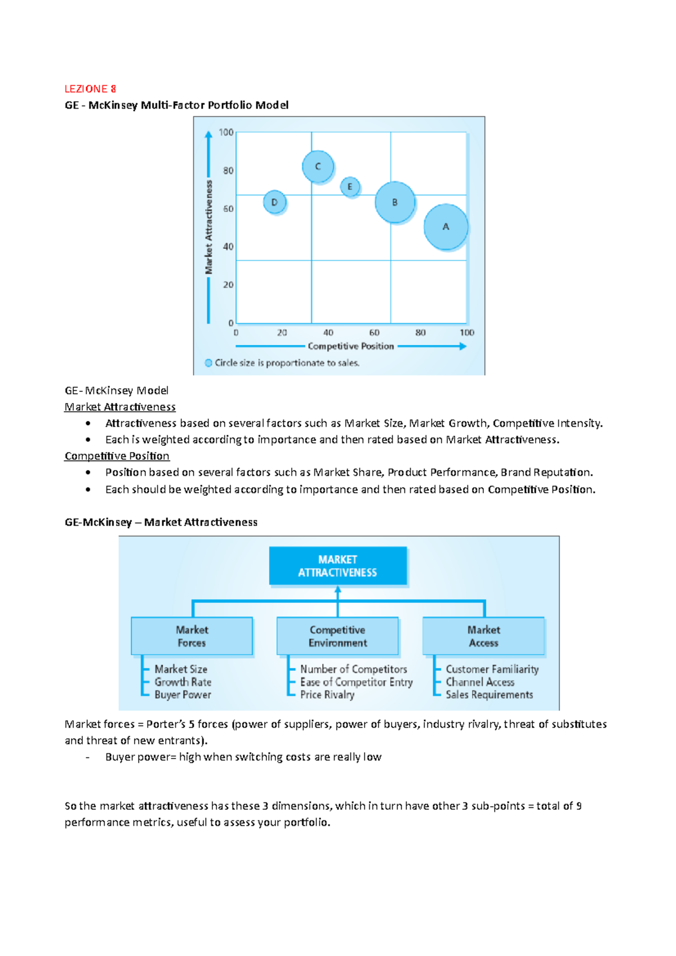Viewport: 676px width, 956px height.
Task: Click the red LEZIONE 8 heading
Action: pyautogui.click(x=90, y=89)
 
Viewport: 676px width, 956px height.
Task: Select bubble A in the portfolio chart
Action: pyautogui.click(x=446, y=226)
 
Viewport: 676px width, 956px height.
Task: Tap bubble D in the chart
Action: pyautogui.click(x=274, y=202)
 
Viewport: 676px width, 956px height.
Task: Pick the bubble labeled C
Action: pyautogui.click(x=318, y=166)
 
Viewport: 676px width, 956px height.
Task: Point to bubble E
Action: pyautogui.click(x=350, y=186)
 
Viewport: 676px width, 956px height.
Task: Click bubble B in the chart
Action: pyautogui.click(x=395, y=202)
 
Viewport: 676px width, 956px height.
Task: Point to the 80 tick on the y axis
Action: pyautogui.click(x=228, y=171)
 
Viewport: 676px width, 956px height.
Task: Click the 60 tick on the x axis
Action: pyautogui.click(x=374, y=333)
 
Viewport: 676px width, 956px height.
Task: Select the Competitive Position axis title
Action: pyautogui.click(x=350, y=346)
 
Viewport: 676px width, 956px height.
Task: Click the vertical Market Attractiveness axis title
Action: pyautogui.click(x=209, y=227)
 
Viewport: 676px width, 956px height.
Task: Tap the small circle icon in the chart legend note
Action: pyautogui.click(x=208, y=363)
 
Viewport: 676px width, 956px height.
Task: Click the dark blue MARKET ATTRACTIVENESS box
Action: pyautogui.click(x=337, y=566)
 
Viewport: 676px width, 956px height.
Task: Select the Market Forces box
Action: pyautogui.click(x=192, y=636)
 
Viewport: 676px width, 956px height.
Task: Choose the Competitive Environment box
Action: pyautogui.click(x=337, y=636)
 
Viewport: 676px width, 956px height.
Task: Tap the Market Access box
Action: pyautogui.click(x=483, y=636)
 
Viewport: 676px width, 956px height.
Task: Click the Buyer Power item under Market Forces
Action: pyautogui.click(x=183, y=695)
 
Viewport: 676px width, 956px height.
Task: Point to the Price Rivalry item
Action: pyautogui.click(x=327, y=695)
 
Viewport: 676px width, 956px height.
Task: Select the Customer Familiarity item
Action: pyautogui.click(x=492, y=669)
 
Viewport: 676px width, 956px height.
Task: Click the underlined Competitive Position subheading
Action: pyautogui.click(x=117, y=456)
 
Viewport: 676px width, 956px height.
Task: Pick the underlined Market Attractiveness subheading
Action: pyautogui.click(x=120, y=407)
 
